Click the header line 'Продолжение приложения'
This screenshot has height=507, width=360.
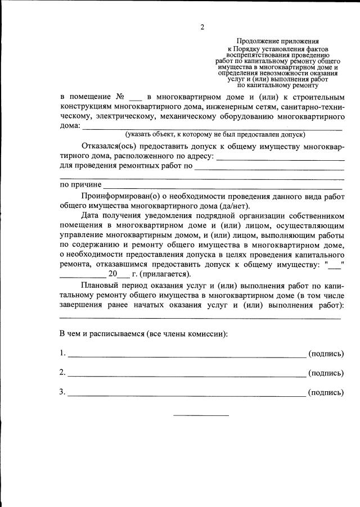tap(277, 41)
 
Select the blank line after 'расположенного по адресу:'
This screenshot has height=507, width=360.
tap(280, 159)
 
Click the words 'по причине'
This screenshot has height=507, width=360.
tap(80, 184)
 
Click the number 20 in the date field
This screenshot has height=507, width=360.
tap(112, 274)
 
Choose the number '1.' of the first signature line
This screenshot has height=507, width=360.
tap(63, 354)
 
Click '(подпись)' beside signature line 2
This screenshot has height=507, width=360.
tap(326, 373)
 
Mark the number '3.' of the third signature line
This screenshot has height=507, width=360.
tap(63, 392)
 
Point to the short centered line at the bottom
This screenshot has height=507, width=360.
tap(201, 415)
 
